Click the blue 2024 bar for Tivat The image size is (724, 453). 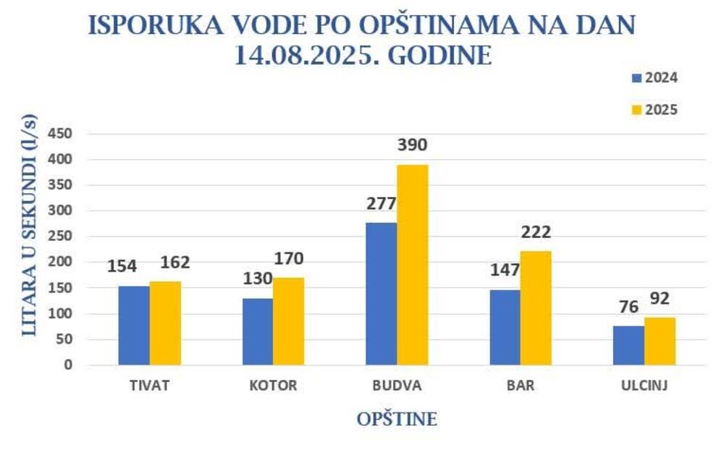(134, 325)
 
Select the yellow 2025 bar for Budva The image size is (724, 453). (412, 265)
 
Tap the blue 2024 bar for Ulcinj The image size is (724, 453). (628, 345)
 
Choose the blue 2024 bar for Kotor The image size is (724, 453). (258, 331)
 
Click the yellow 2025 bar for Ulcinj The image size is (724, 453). (660, 341)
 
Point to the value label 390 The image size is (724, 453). (412, 145)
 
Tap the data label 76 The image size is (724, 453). (628, 307)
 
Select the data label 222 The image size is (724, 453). (536, 232)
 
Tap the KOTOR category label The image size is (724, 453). (273, 386)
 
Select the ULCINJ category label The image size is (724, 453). (644, 386)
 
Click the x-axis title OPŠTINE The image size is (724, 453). (397, 420)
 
